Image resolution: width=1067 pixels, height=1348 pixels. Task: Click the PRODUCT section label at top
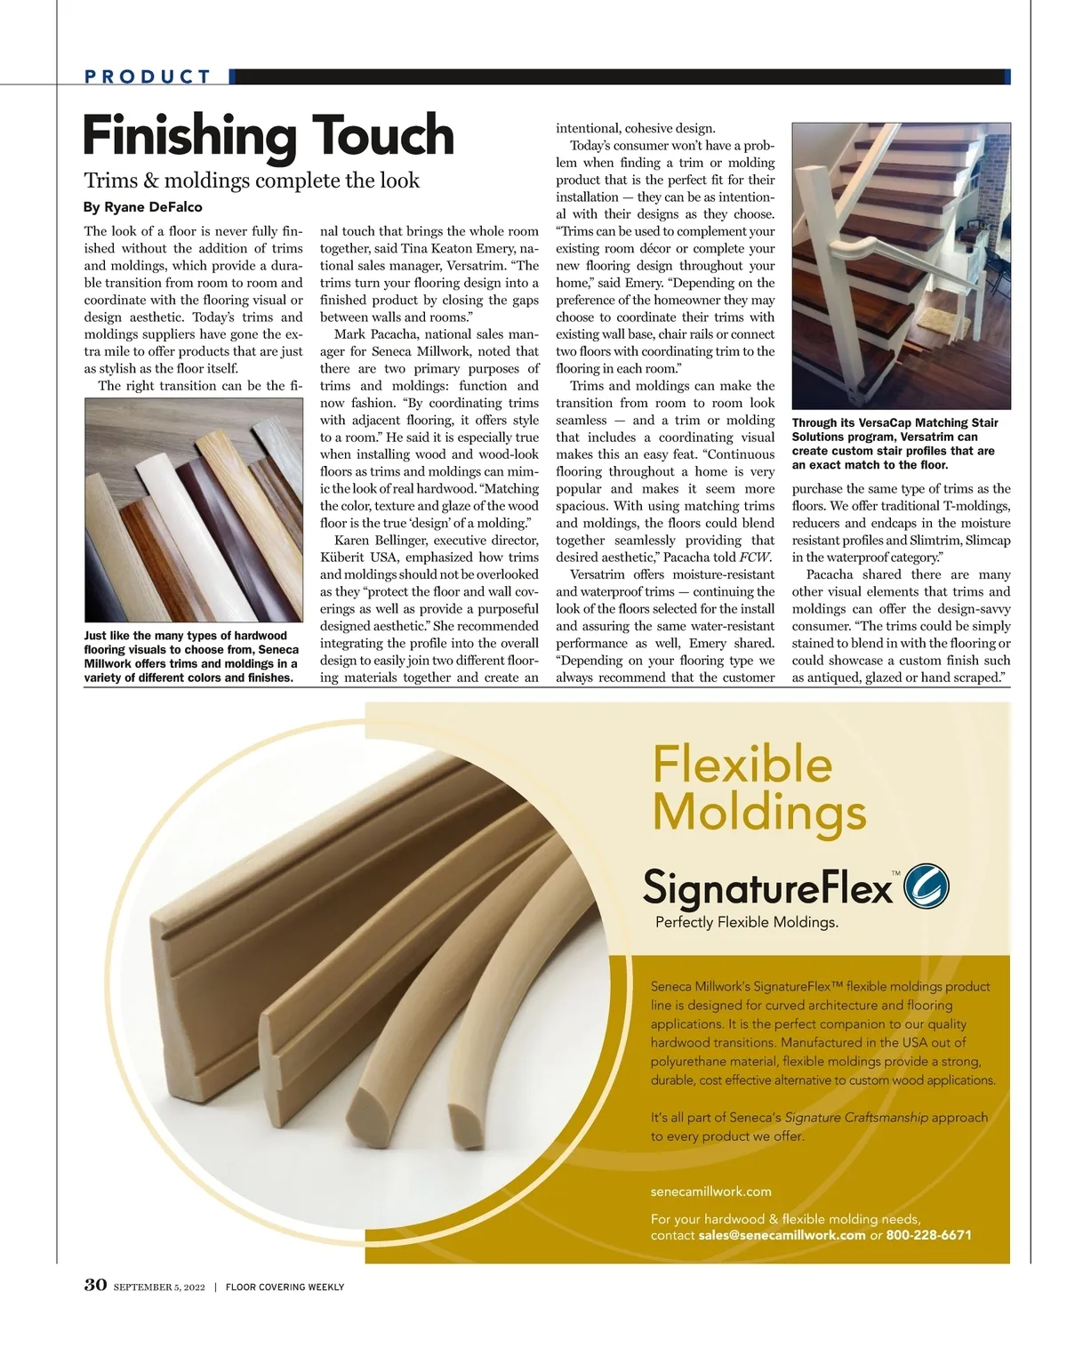(148, 76)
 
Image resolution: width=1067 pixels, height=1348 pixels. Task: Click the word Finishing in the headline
(189, 135)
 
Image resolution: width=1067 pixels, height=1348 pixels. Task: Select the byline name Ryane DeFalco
(153, 207)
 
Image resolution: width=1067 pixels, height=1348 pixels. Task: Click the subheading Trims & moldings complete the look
(252, 181)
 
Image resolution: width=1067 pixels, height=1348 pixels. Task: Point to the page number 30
(95, 1285)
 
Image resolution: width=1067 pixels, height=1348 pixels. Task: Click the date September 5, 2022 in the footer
(159, 1287)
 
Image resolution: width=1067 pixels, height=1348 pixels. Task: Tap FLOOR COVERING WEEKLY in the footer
(285, 1287)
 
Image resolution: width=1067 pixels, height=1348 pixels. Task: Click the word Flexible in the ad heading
(742, 764)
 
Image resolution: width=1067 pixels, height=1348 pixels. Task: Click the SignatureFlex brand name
(766, 887)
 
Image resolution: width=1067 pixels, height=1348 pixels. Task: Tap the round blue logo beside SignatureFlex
(926, 887)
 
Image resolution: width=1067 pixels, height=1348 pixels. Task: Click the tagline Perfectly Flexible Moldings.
(747, 922)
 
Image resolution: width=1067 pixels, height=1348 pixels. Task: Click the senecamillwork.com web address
(710, 1192)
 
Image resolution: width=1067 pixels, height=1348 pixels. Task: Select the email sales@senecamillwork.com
(782, 1235)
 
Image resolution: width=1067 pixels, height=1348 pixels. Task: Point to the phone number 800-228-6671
(928, 1235)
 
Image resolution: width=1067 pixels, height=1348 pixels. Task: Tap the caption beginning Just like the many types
(191, 656)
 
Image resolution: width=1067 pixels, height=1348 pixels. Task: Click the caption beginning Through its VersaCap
(895, 444)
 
